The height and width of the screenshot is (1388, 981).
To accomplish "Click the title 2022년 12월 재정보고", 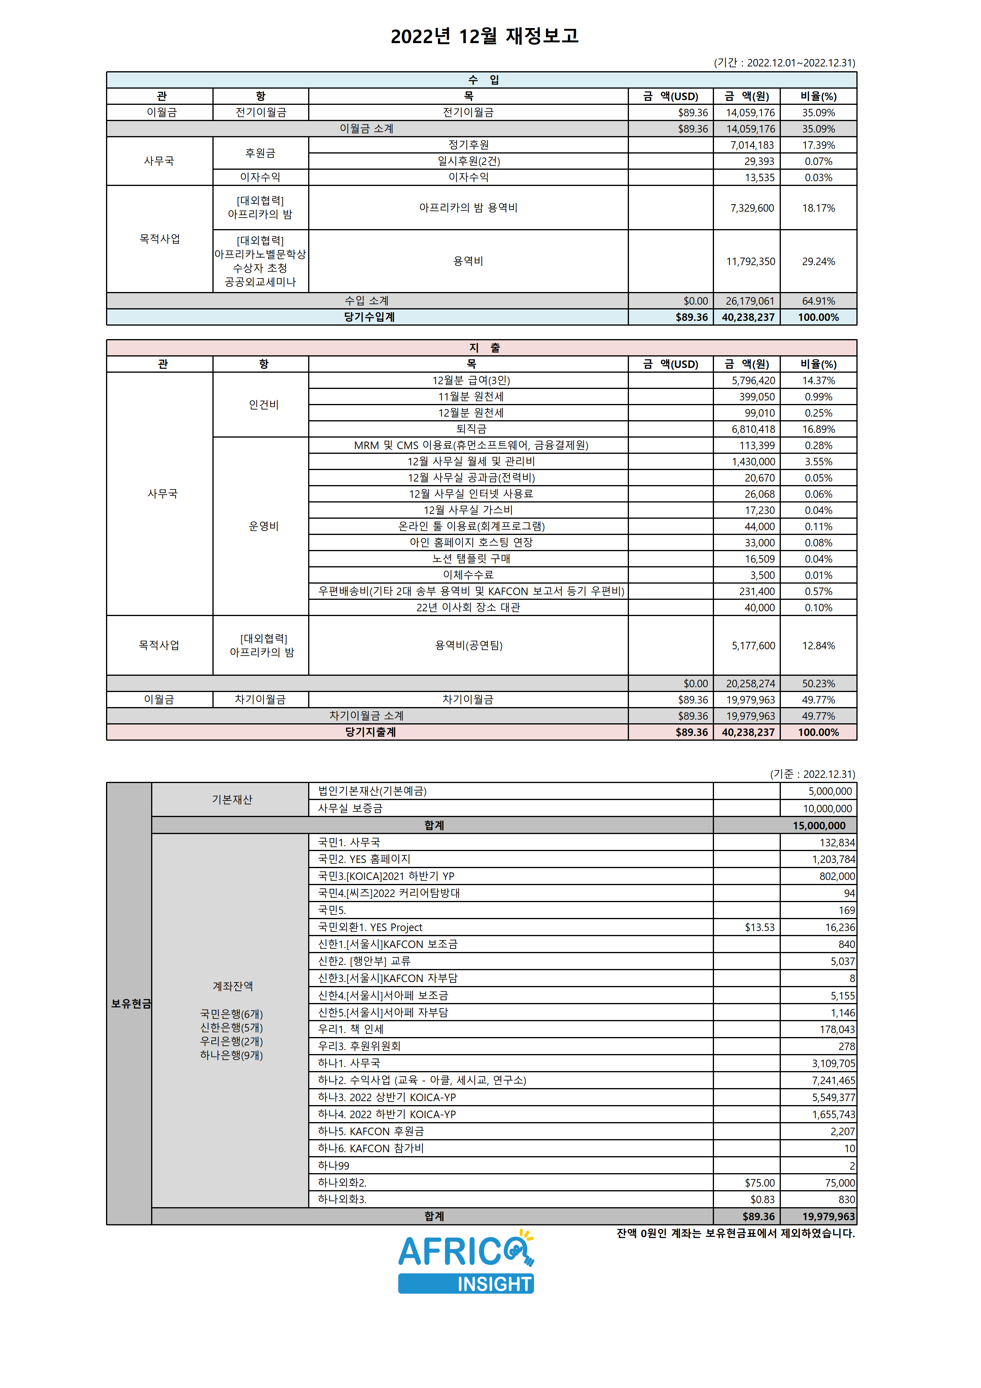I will pos(484,36).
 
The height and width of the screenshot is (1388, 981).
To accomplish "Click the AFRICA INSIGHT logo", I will pos(466,1262).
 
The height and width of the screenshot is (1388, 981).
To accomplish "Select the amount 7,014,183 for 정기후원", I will pos(752,145).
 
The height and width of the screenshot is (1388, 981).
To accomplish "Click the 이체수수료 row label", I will pos(468,575).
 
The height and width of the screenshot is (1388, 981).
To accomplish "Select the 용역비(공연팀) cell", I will pos(468,646).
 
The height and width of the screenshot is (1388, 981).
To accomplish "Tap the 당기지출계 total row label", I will pos(370,732).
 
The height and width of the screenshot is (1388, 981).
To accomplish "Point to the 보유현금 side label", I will pos(131,1003).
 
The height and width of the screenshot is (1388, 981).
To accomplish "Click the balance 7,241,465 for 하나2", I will pos(833,1080).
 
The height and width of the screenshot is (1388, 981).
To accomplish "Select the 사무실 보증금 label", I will pos(350,808).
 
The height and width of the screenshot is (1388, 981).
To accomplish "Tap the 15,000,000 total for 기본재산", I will pos(819,826).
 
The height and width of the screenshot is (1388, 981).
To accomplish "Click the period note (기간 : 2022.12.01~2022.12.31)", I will pos(784,63).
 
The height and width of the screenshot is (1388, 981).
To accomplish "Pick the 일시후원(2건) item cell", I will pos(468,161).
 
